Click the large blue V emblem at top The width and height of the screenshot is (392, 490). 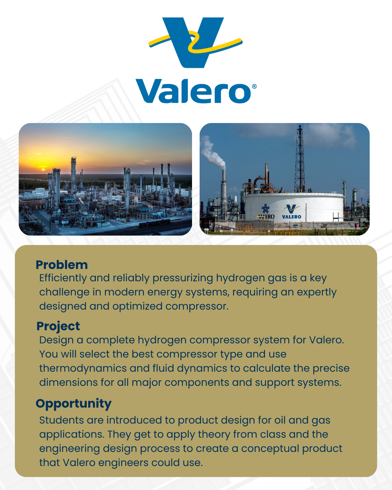tap(193, 42)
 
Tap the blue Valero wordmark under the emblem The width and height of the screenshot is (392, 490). tap(193, 91)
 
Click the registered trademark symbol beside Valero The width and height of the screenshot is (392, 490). tap(254, 86)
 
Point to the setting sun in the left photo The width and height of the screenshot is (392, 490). tap(43, 169)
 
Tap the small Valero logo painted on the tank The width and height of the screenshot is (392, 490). tap(291, 212)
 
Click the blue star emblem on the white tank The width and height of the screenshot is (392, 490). tap(266, 209)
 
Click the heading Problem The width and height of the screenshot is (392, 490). tap(62, 265)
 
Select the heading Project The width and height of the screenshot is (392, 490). tap(58, 326)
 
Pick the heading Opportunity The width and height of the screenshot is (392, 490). tap(74, 404)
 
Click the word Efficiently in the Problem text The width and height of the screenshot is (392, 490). tap(63, 278)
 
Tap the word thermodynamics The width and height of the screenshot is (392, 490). tap(83, 368)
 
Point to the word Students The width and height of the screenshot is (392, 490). tap(61, 420)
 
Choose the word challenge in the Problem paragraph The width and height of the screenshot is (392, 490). tap(64, 292)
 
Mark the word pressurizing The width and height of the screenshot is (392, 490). tap(183, 278)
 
